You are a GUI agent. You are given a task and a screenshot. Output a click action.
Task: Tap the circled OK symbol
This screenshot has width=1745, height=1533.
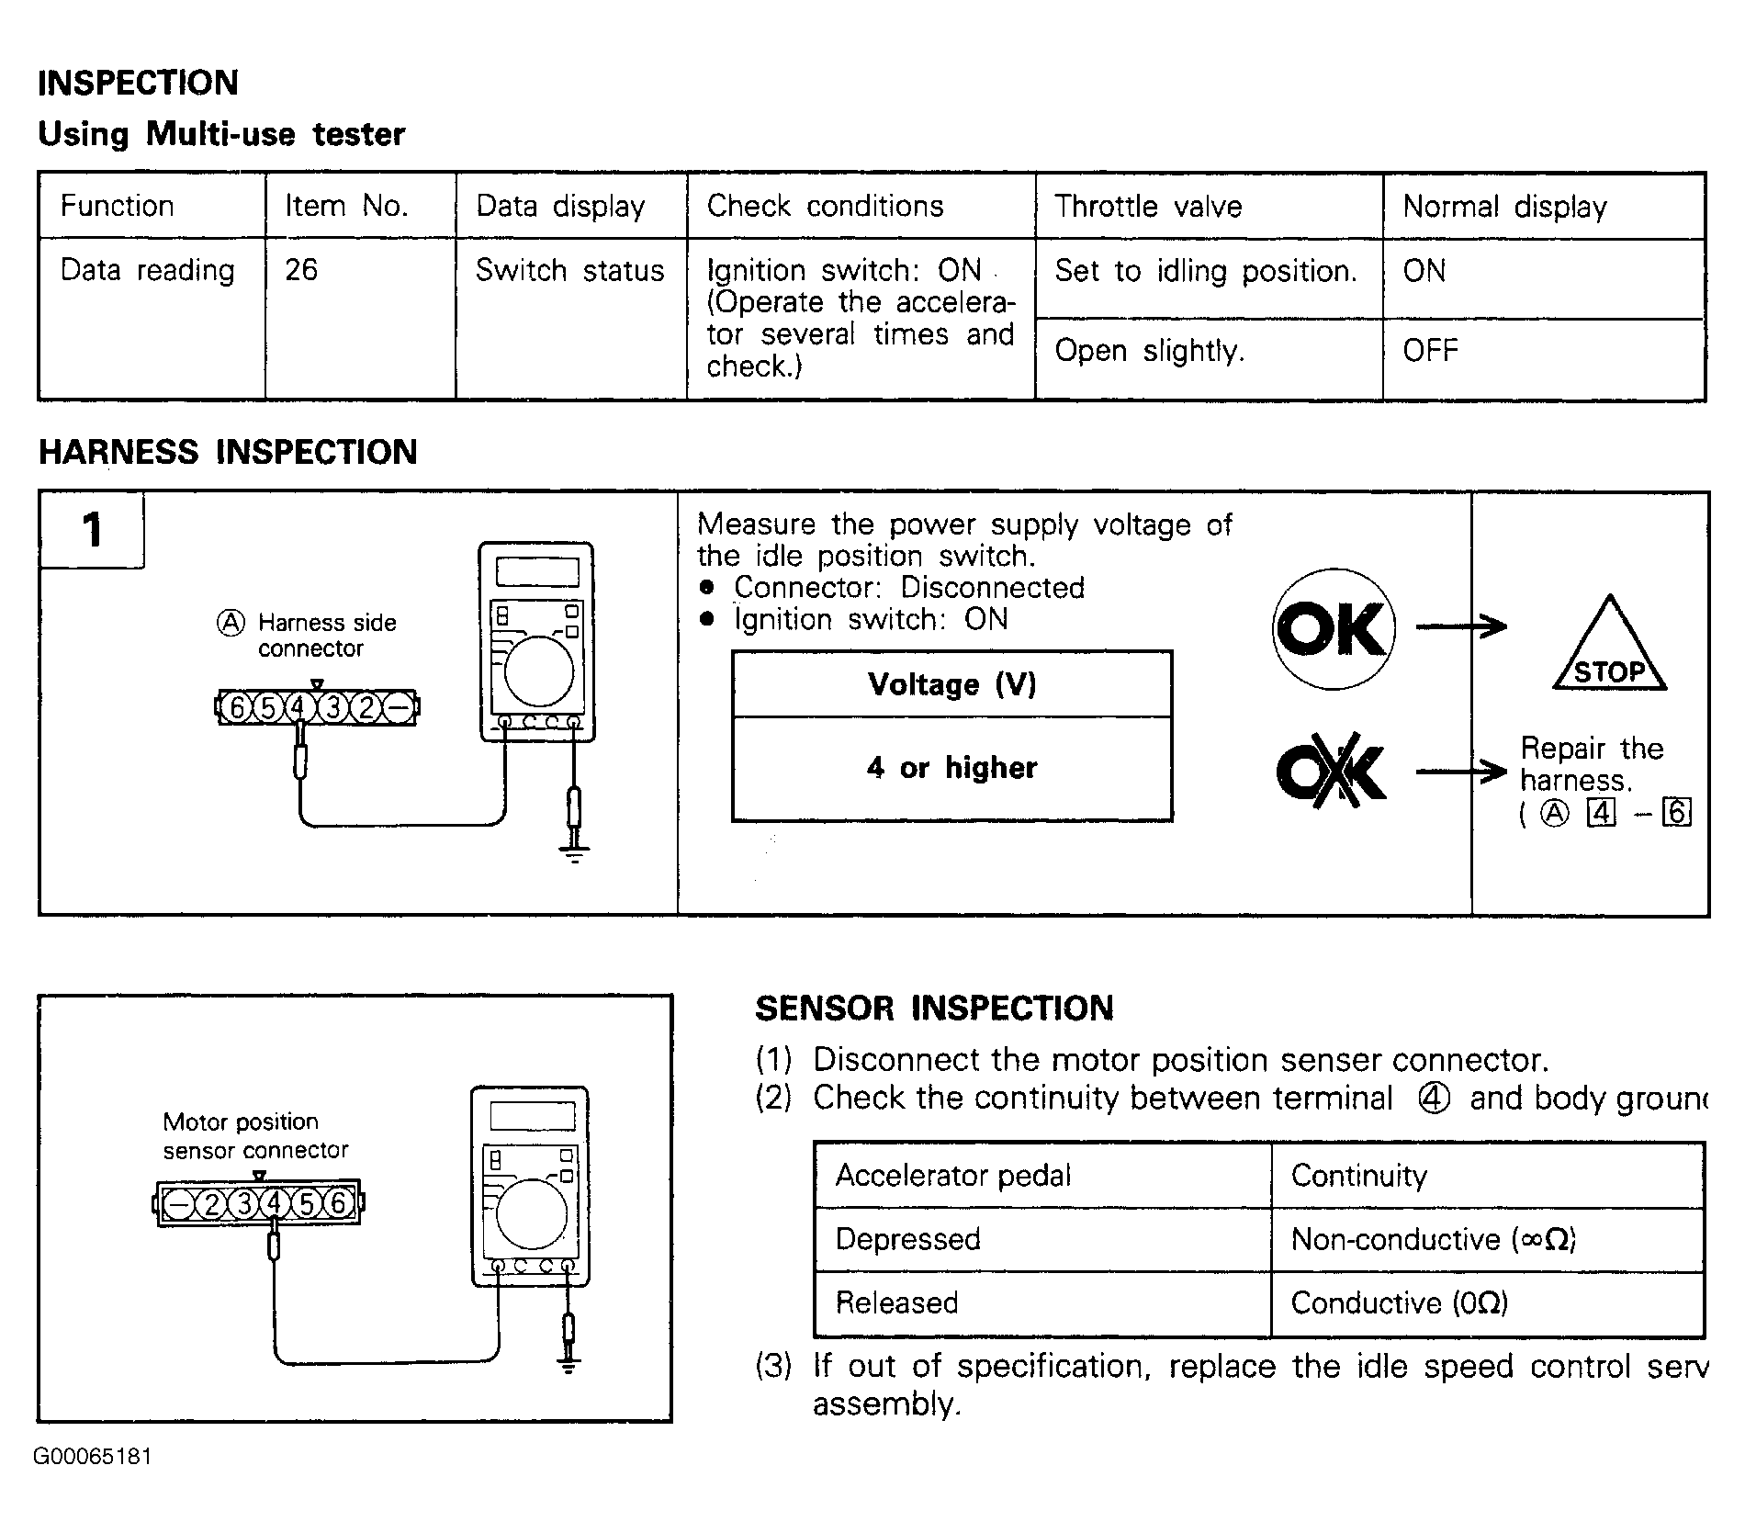pos(1334,628)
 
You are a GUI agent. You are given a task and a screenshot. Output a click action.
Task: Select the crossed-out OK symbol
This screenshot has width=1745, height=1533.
pos(1332,771)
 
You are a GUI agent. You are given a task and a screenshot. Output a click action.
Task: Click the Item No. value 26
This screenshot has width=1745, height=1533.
pos(301,270)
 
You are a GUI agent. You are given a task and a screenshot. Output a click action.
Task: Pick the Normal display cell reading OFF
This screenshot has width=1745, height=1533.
pos(1430,350)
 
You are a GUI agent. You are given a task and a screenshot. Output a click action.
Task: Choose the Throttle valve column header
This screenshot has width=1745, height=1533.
pos(1148,206)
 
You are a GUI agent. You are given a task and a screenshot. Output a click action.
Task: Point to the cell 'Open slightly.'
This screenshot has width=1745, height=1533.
pos(1149,350)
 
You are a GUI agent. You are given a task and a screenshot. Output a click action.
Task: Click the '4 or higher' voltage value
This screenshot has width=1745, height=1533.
pos(951,767)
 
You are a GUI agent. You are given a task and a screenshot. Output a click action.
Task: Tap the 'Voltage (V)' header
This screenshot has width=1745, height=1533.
pos(951,684)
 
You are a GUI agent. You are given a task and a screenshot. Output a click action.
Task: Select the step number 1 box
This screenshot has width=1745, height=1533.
pos(92,530)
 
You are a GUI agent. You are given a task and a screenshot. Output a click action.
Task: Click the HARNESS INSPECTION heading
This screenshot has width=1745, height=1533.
pos(228,452)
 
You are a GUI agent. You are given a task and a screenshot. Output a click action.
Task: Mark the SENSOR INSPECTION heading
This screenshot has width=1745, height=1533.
pos(934,1008)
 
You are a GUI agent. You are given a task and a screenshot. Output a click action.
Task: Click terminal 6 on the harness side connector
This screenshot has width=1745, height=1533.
pos(237,707)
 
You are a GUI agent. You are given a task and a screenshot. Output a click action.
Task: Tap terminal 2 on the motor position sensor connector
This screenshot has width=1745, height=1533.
pos(212,1203)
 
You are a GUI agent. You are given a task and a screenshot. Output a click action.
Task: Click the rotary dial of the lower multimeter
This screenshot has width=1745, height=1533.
pos(531,1213)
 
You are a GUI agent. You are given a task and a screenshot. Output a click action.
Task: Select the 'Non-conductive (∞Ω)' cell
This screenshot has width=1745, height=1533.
pos(1433,1239)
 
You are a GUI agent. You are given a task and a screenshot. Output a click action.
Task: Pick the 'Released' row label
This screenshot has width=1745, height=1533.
pos(896,1302)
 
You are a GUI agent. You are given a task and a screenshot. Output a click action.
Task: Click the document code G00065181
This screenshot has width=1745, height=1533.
pos(93,1457)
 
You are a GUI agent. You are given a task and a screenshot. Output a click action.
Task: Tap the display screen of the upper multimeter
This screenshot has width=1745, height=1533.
pos(537,571)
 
